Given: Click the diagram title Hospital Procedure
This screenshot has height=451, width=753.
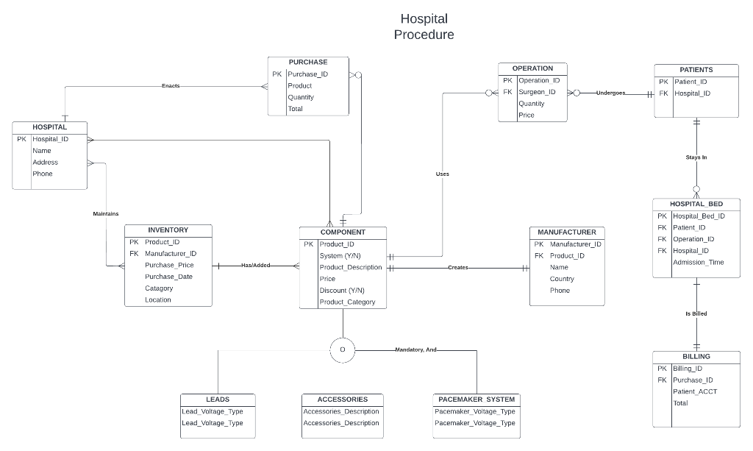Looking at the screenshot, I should pos(424,26).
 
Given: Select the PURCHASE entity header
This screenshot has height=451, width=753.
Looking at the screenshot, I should pos(308,63).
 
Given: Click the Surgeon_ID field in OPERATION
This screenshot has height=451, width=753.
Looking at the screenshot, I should pos(537,92).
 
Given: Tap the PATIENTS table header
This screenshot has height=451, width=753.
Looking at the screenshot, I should pos(696,70).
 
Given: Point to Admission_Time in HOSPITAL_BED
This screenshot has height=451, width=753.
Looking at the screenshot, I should pos(699,262).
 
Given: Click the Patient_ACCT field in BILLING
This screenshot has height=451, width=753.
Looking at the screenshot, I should pos(695,391).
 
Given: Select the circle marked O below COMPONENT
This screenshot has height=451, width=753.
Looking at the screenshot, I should pos(343,349).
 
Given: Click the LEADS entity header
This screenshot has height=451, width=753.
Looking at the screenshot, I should pos(218,399).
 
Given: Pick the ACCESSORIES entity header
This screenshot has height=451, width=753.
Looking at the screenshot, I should pos(342,399).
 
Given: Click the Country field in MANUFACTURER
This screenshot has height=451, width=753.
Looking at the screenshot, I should pos(562,279).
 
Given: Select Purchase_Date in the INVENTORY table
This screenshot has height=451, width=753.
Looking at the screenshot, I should pos(168,277).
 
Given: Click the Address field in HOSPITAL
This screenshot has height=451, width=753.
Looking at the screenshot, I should pos(45,162).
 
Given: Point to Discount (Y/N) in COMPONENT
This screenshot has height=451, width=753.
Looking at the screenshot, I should pos(342,291).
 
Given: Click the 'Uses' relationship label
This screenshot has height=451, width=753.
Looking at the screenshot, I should pos(442,174).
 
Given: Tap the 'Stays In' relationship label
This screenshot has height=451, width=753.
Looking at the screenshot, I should pos(696,157).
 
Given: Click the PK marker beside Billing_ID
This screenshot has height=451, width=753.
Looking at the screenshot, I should pos(662,369).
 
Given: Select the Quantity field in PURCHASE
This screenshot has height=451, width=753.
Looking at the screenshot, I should pos(301,97).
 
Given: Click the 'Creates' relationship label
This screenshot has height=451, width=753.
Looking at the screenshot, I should pos(457,268).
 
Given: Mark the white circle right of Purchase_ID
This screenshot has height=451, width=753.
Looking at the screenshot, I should pos(358,74).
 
